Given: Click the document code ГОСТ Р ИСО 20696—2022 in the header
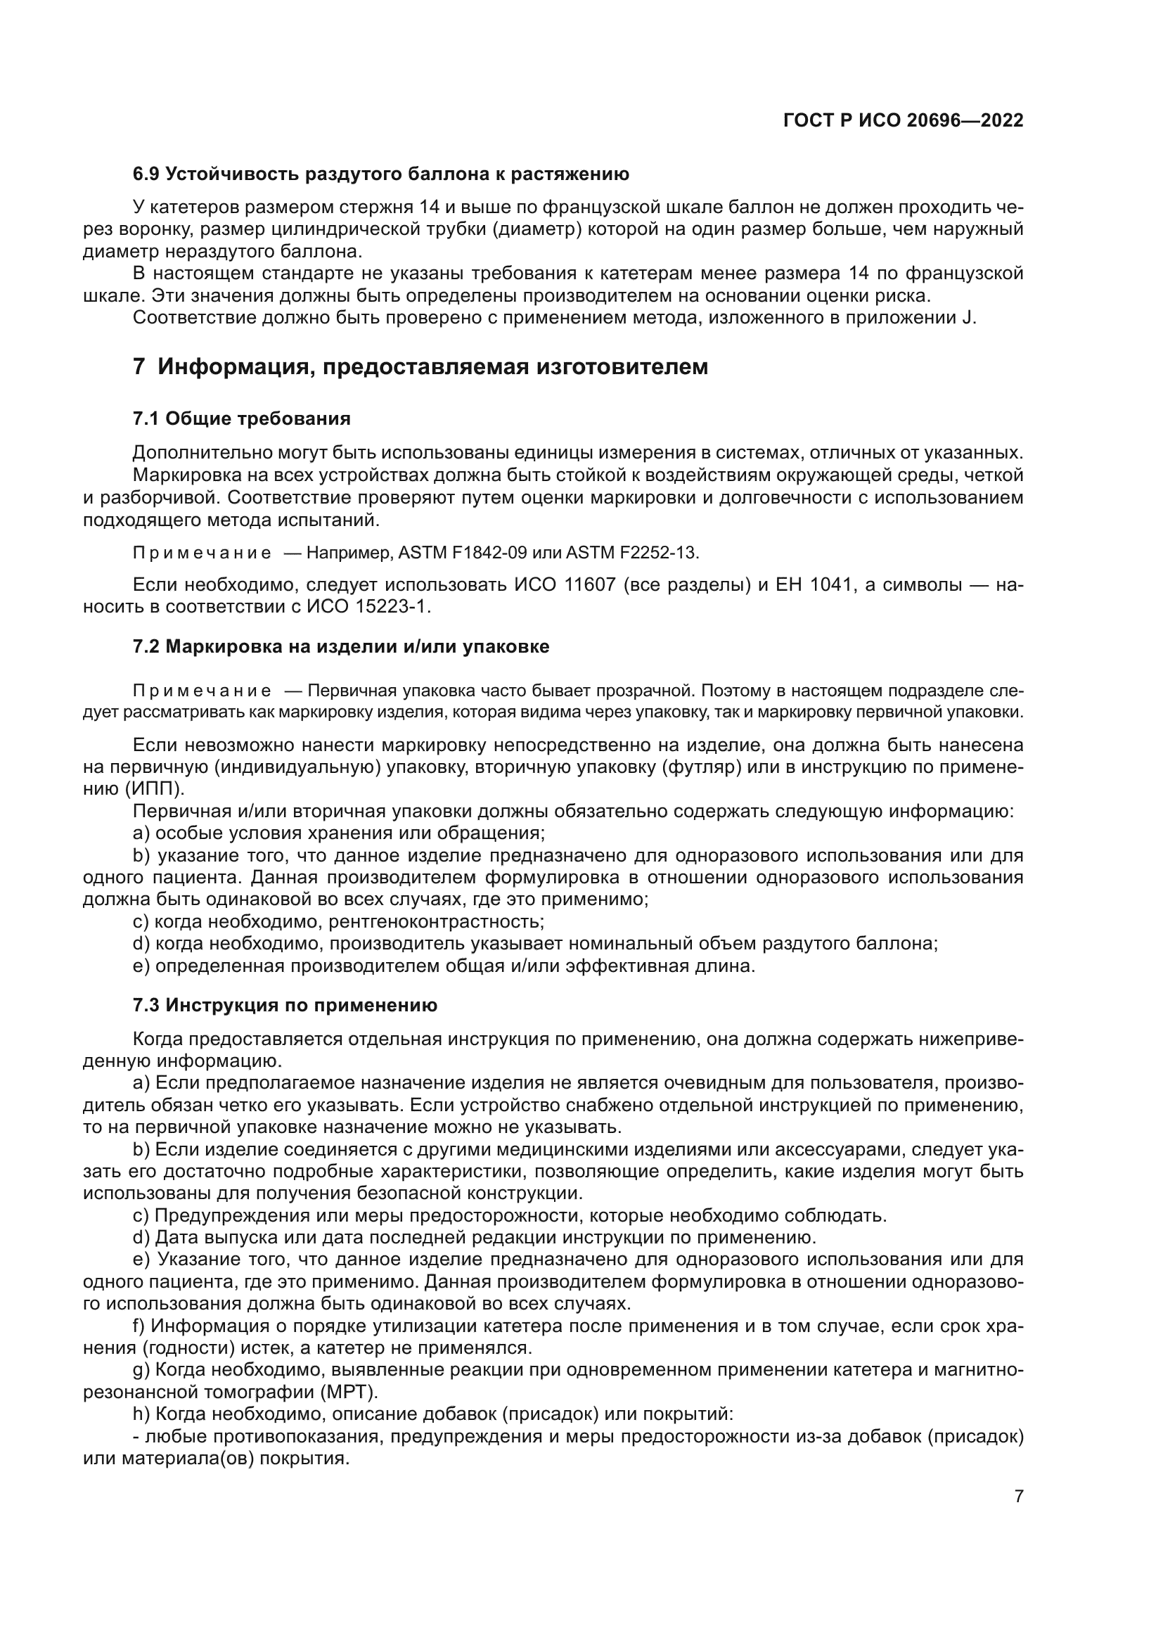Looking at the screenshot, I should pyautogui.click(x=903, y=120).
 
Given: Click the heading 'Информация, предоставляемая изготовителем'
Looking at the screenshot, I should pyautogui.click(x=432, y=367).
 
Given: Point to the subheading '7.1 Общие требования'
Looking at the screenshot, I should pyautogui.click(x=241, y=419).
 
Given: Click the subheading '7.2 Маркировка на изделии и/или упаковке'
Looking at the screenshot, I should pyautogui.click(x=341, y=647).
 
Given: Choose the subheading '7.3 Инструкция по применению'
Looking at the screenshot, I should pyautogui.click(x=284, y=1005).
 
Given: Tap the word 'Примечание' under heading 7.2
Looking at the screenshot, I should pyautogui.click(x=202, y=691).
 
